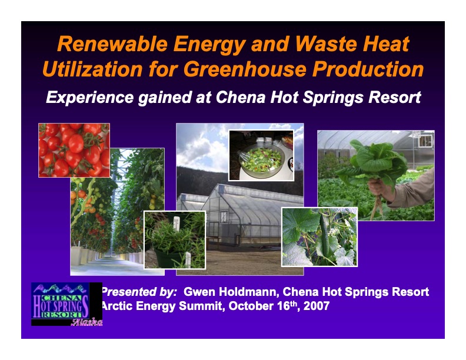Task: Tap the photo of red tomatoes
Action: click(74, 150)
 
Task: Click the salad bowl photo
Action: click(261, 155)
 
